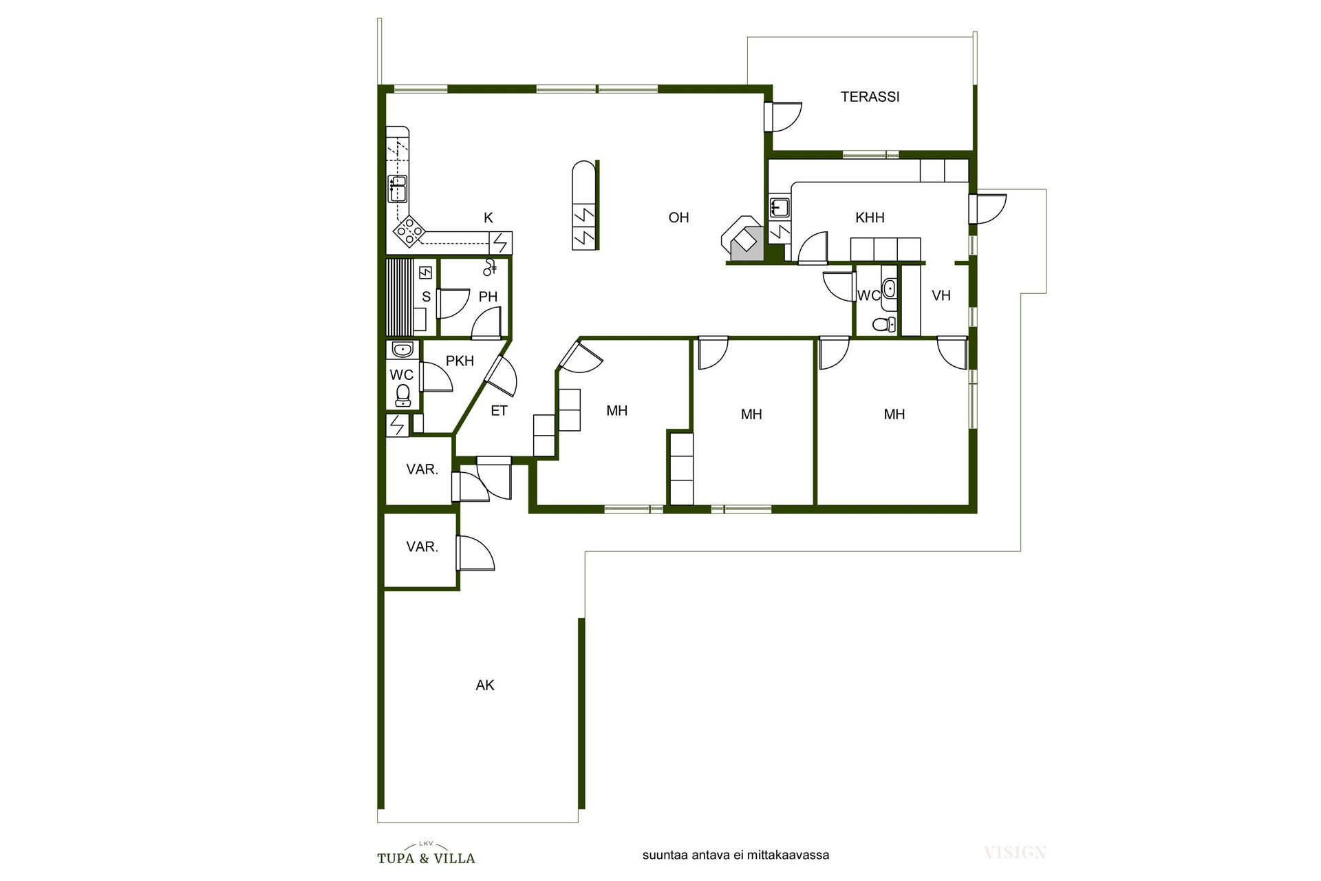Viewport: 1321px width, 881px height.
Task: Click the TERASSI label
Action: (x=870, y=97)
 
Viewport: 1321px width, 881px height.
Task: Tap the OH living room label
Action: (x=678, y=217)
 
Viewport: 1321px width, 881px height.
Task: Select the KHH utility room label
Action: (x=870, y=217)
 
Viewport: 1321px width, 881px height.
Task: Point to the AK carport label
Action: (x=485, y=685)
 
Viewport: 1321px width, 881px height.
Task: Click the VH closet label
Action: (x=941, y=295)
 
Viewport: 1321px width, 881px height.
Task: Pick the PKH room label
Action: (x=460, y=361)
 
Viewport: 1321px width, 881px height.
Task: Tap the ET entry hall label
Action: (x=499, y=411)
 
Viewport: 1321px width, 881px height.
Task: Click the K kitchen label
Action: (x=488, y=217)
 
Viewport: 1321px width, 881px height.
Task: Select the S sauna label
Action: (x=426, y=297)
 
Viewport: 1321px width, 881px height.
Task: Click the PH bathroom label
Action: (x=488, y=297)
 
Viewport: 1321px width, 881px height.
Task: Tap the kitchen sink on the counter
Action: (x=398, y=189)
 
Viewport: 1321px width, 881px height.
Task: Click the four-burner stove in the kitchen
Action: (x=409, y=231)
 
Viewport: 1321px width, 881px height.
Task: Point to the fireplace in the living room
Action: (x=742, y=238)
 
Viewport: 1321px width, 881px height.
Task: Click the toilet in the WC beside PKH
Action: (x=402, y=395)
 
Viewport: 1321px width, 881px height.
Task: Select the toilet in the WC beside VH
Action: (x=885, y=324)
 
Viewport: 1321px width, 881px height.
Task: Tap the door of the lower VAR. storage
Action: (x=475, y=552)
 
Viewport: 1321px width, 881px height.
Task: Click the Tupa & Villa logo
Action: (x=426, y=853)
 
